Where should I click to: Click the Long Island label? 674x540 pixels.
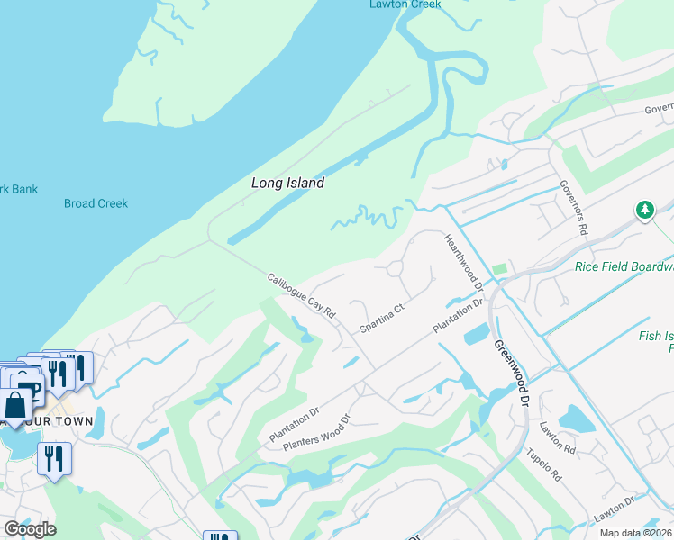coord(287,183)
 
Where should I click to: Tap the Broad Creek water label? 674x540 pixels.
coord(96,203)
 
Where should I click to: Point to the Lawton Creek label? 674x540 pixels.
coord(405,4)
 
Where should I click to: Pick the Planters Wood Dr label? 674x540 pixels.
coord(315,433)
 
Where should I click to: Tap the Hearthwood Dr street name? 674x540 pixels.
coord(465,262)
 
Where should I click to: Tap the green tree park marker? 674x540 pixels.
coord(644,211)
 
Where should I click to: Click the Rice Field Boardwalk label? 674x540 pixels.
coord(624,266)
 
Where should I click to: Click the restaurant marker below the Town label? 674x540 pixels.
coord(54,458)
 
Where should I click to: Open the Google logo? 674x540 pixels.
coord(30,529)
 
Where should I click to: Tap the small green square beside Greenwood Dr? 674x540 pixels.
coord(499,269)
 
